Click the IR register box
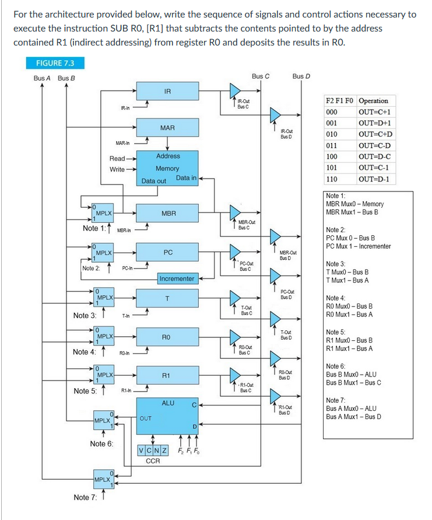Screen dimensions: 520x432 click(168, 92)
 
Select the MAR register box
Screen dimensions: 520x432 click(168, 127)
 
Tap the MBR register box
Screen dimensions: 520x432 click(168, 214)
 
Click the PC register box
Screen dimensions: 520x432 click(168, 253)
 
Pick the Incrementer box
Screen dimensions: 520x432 click(177, 278)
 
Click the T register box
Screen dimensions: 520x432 click(168, 299)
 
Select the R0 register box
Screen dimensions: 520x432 click(168, 337)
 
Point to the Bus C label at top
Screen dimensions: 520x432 click(261, 76)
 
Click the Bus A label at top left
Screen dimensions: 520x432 click(42, 78)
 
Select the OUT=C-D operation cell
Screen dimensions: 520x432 click(374, 145)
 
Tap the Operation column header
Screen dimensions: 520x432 click(374, 101)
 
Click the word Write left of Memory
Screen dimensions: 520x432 click(117, 169)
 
